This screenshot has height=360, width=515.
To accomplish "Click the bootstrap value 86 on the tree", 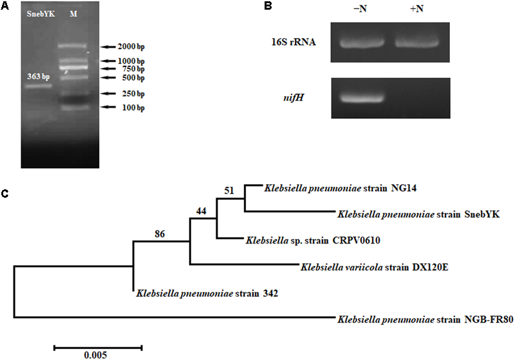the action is click(160, 234).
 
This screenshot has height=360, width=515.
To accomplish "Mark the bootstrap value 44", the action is click(202, 210).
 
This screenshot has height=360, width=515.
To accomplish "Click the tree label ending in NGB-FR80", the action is click(424, 319).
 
